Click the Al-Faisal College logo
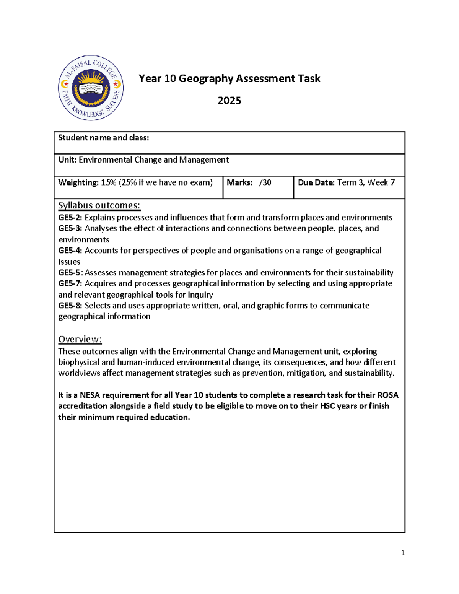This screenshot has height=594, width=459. pos(91,88)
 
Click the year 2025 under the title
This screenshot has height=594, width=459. pos(229,101)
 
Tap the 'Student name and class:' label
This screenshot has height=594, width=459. pos(103,138)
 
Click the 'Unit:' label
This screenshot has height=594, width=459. pos(67,160)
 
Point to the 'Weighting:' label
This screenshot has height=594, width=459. pos(78,182)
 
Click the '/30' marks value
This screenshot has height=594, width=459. pos(265,182)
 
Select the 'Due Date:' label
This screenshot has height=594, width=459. pos(316,182)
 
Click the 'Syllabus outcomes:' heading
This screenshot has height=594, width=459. pos(99,205)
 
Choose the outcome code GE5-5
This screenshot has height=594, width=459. pos(70,273)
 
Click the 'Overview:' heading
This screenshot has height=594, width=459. pos(80,339)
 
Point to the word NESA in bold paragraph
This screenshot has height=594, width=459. pos(90,395)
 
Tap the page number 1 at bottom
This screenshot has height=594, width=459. pos(403,553)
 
